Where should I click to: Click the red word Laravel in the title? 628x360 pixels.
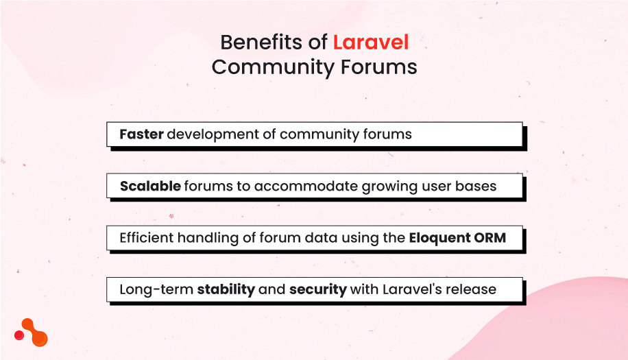click(370, 43)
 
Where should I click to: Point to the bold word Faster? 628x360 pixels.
click(141, 134)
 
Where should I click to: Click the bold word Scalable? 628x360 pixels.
click(149, 186)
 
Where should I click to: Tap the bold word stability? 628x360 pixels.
click(226, 289)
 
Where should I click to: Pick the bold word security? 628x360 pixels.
click(317, 289)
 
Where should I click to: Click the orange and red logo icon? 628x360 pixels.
click(31, 332)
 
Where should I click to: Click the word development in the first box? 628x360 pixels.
click(211, 134)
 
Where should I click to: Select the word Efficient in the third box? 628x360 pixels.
click(147, 238)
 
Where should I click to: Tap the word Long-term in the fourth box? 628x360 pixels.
click(156, 289)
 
